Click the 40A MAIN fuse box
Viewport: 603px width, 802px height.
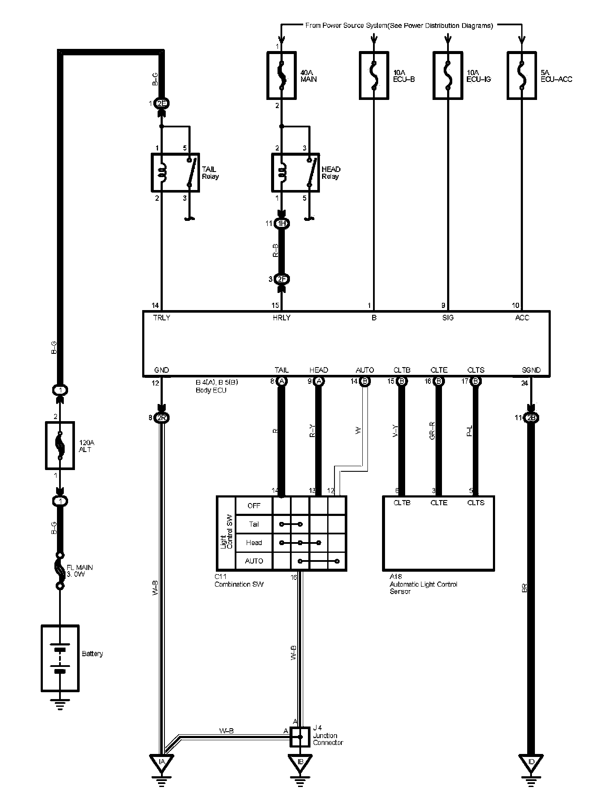click(x=281, y=76)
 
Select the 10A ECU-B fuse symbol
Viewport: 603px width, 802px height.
click(x=374, y=76)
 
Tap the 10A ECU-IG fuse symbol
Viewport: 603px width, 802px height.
click(x=448, y=76)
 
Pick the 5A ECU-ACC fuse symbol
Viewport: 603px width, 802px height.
click(x=521, y=76)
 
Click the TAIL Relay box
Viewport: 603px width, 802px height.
click(x=175, y=172)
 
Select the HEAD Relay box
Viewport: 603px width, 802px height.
click(x=295, y=172)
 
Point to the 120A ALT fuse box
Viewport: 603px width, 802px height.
click(x=60, y=446)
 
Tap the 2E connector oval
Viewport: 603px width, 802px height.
click(x=162, y=103)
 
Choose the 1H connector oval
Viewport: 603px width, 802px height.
click(x=281, y=223)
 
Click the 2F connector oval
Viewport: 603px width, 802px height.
click(x=281, y=279)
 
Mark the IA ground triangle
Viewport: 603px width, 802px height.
click(x=161, y=762)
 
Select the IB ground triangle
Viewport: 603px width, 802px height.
click(x=300, y=762)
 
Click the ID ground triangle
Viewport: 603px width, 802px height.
click(x=531, y=762)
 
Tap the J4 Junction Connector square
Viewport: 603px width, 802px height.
click(x=300, y=737)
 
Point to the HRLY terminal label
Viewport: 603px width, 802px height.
click(x=281, y=318)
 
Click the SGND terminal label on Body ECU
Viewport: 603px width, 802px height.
click(x=531, y=370)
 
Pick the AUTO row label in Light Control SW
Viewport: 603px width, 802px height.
click(x=254, y=561)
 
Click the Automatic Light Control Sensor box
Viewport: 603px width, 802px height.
click(x=438, y=533)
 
